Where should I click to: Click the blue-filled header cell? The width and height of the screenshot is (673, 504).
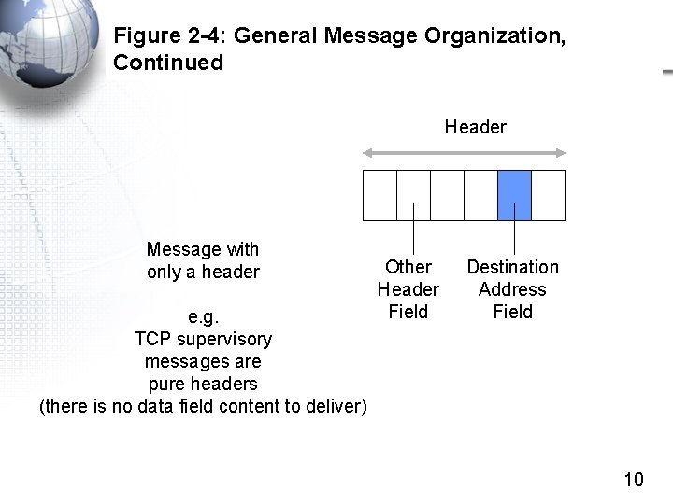coord(514,195)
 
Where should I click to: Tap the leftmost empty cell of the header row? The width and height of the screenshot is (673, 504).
coord(379,195)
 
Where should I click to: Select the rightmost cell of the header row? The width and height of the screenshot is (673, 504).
coord(548,195)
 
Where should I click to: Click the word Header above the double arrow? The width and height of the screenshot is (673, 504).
coord(475,127)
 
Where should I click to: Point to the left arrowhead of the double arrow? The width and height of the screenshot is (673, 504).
coord(367,153)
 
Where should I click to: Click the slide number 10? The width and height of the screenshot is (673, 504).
coord(634,481)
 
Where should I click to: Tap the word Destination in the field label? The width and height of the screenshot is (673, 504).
coord(512,267)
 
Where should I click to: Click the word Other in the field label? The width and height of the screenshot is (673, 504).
coord(408,267)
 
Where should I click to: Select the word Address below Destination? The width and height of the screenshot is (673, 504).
coord(512,289)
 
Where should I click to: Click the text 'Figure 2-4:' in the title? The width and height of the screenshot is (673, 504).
coord(169,36)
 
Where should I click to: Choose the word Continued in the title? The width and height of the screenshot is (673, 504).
coord(168,63)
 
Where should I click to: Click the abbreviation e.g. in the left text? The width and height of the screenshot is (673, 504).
coord(203,316)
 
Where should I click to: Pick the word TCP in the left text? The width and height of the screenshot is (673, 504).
coord(152,339)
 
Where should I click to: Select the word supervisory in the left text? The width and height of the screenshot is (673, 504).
coord(224,339)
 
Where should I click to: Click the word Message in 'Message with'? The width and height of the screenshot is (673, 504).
coord(184,249)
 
